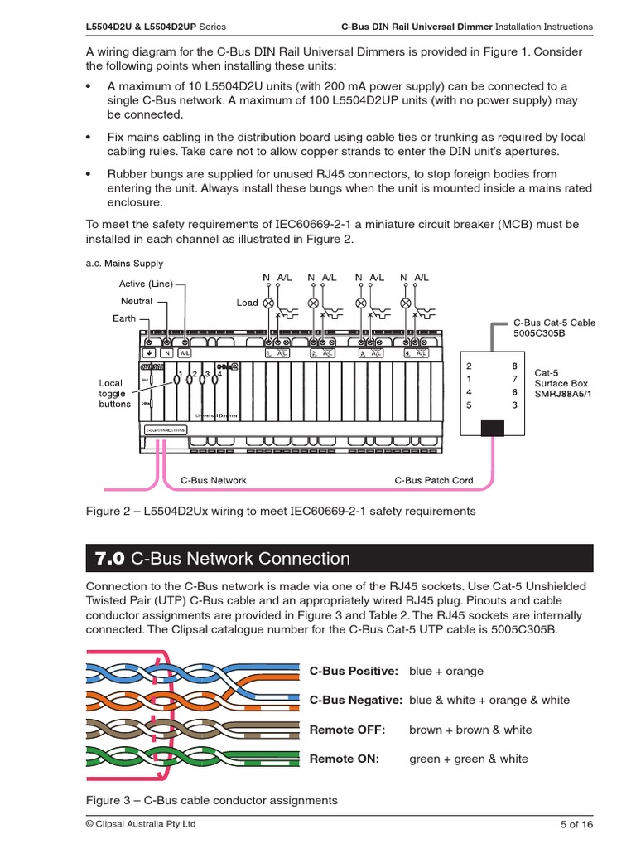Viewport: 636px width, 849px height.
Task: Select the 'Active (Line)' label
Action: coord(146,284)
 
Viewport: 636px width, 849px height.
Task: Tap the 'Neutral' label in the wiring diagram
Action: coord(137,301)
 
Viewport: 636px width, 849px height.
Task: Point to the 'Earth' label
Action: coord(124,318)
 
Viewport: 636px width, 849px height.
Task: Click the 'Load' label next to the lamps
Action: coord(247,303)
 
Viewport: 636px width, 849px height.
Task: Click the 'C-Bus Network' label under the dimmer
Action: coord(213,480)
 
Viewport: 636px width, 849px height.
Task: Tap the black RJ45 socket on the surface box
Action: coord(493,427)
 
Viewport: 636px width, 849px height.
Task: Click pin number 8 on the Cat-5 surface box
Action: coord(515,366)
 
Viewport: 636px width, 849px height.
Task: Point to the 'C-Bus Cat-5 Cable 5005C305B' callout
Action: coord(554,328)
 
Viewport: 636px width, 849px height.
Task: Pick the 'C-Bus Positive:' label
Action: coord(354,671)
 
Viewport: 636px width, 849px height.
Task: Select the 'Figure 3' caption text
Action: coord(212,800)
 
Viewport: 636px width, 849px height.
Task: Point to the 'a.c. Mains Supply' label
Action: coord(124,264)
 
